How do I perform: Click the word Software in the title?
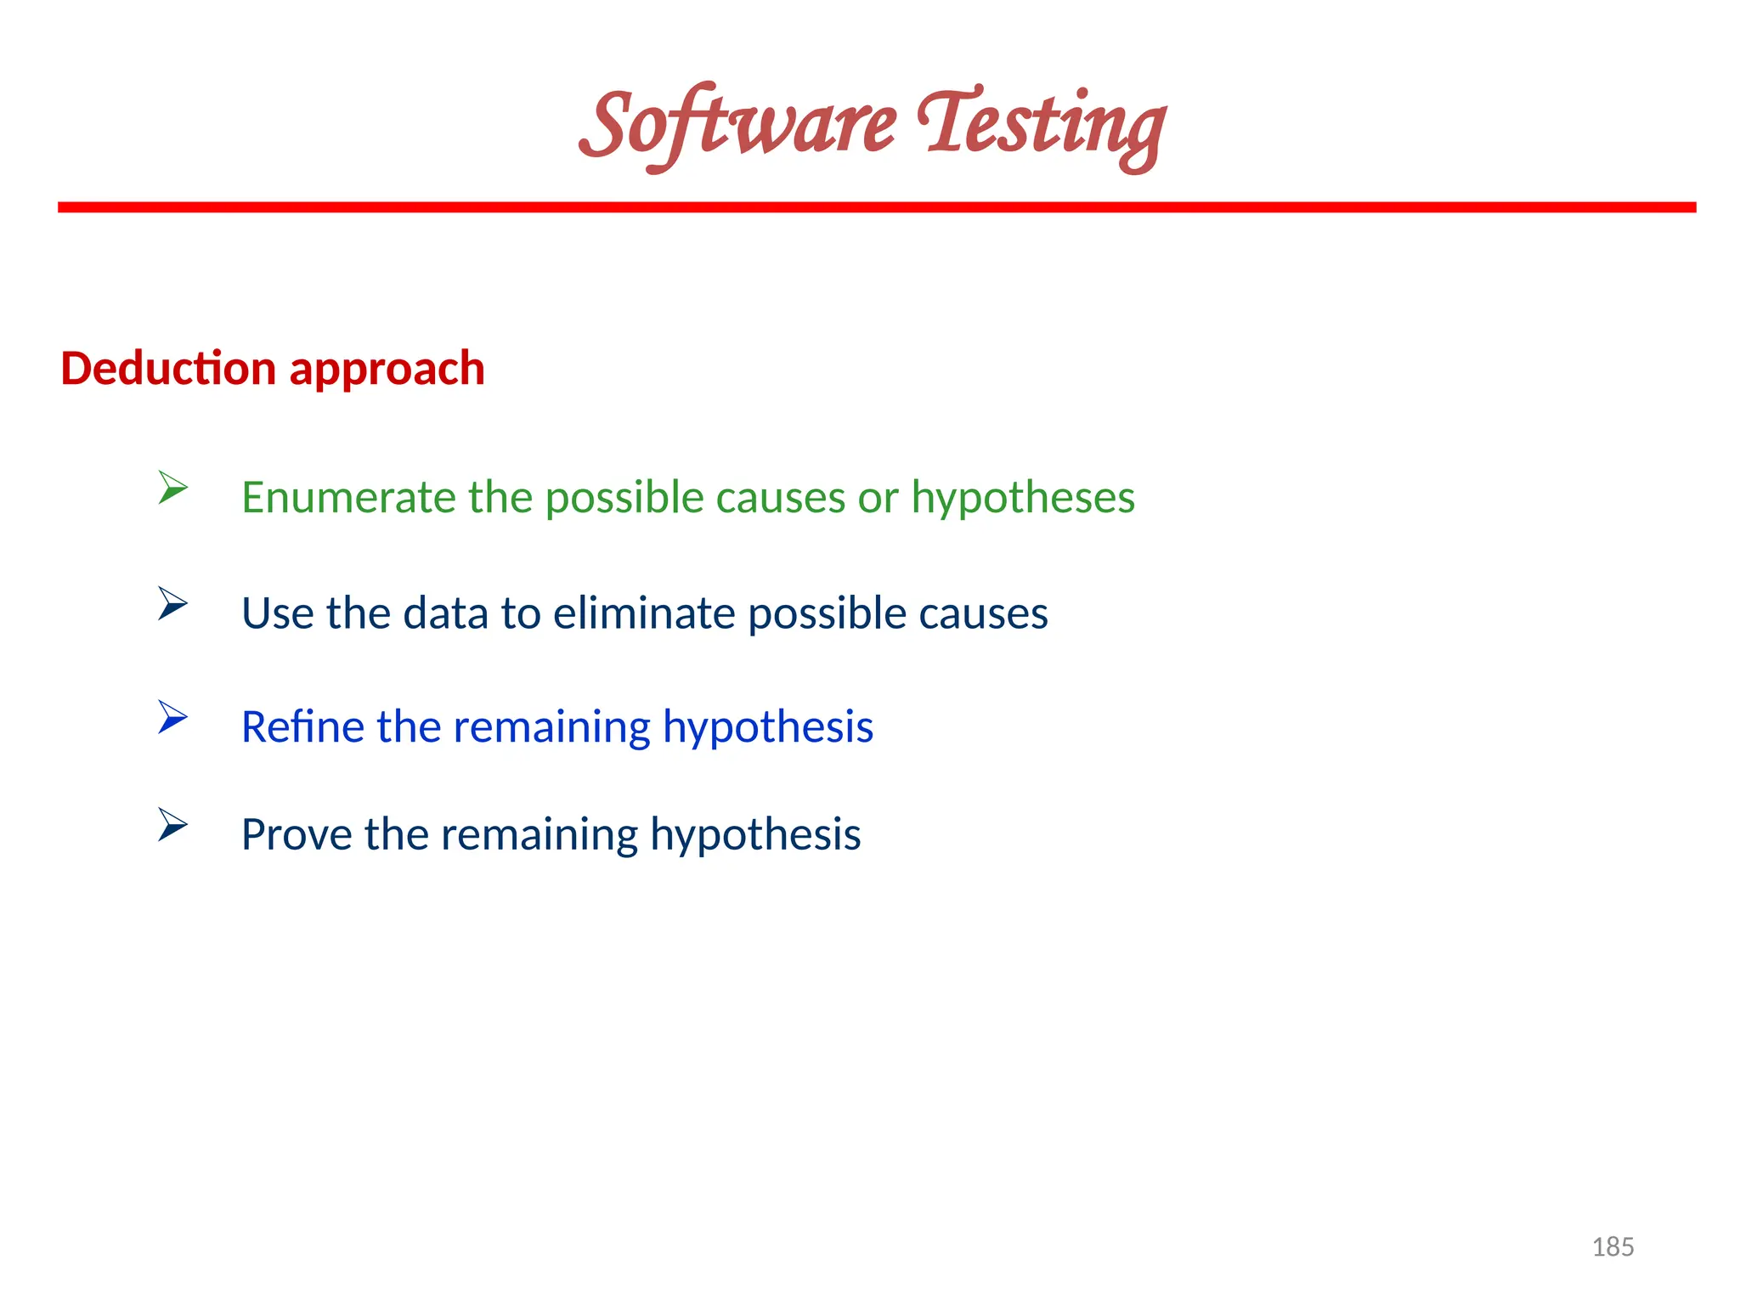737,126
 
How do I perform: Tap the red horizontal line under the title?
877,207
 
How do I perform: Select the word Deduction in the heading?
168,369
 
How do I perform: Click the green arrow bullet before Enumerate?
172,489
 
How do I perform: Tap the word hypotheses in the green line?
1023,499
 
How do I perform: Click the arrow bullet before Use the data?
172,604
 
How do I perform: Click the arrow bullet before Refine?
172,718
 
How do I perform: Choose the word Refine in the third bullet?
302,727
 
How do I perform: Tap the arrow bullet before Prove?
172,825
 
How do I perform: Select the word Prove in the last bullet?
297,835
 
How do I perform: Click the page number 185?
1613,1247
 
